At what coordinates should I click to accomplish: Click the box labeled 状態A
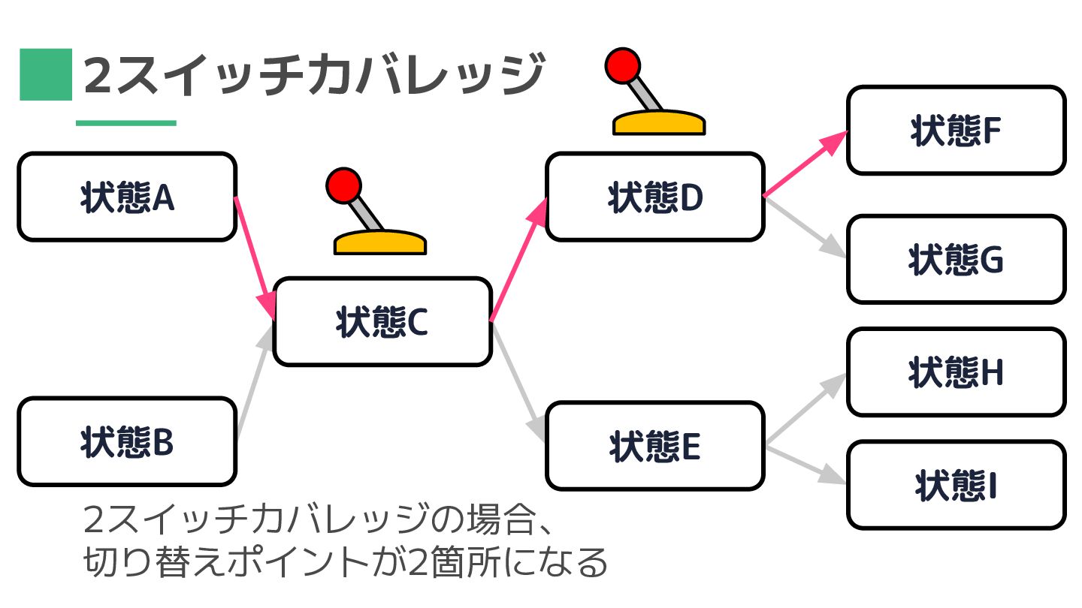click(127, 197)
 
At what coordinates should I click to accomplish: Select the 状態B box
click(127, 442)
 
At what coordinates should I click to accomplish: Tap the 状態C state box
click(382, 322)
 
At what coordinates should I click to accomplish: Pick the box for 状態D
click(654, 197)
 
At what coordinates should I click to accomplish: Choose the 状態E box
click(654, 446)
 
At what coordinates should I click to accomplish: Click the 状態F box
click(956, 131)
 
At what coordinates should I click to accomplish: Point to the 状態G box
click(956, 260)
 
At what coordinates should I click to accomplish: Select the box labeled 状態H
click(956, 372)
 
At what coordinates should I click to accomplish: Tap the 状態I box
click(956, 485)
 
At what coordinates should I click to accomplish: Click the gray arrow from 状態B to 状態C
click(254, 383)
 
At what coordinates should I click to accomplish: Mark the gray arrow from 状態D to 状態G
click(804, 227)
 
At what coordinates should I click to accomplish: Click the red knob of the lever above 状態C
click(343, 185)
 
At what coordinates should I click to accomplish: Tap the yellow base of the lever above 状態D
click(659, 124)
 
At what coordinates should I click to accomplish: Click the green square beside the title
click(46, 74)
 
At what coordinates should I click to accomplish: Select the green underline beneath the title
click(126, 123)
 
